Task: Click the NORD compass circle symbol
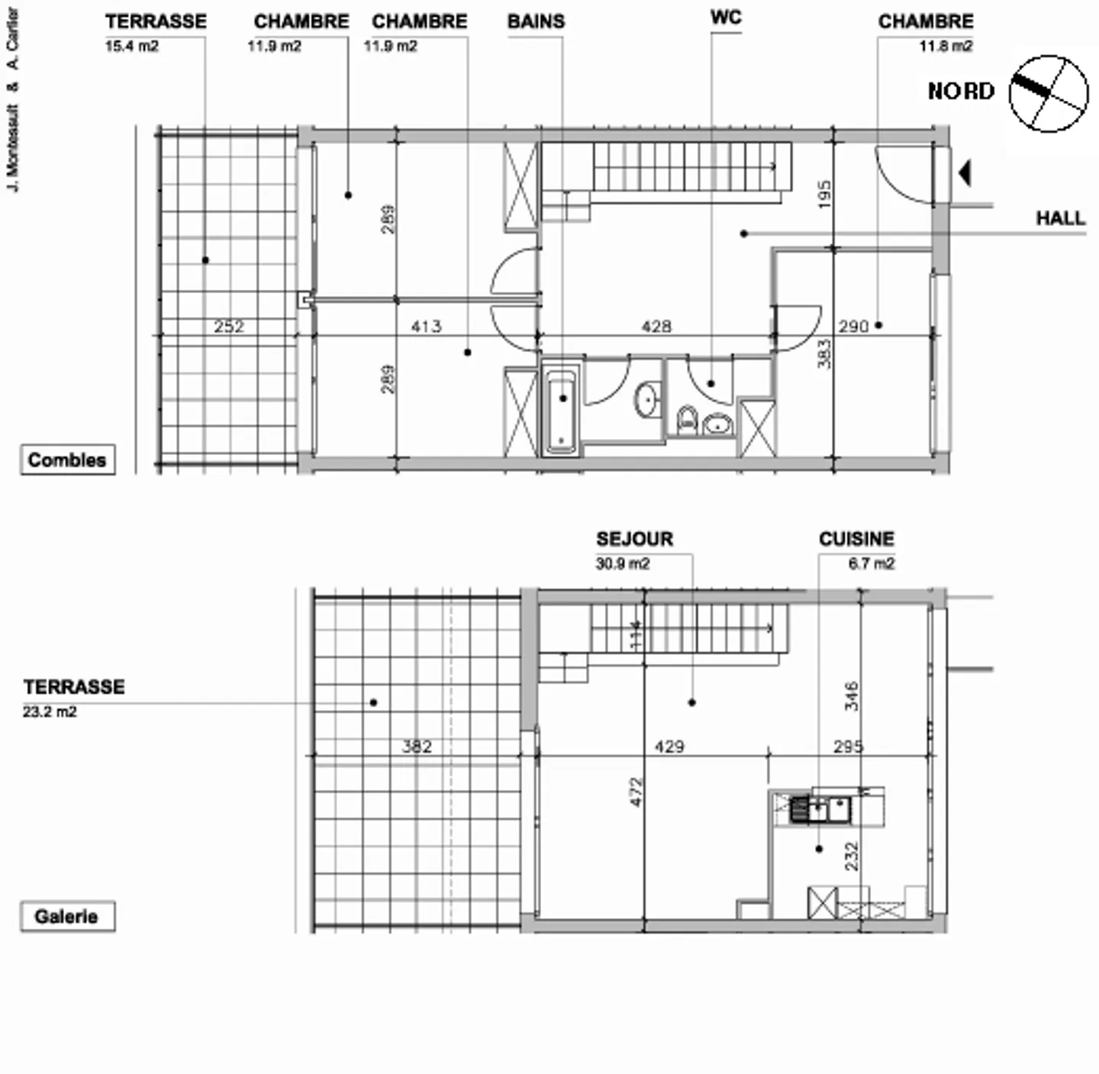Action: (x=1049, y=93)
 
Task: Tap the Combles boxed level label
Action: (x=67, y=460)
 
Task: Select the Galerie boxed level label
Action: (x=67, y=916)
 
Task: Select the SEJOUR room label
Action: (x=634, y=539)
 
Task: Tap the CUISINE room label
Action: (x=856, y=539)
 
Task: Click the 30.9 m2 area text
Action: (x=622, y=564)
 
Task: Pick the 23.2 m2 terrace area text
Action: (x=50, y=712)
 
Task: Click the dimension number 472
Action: (x=637, y=792)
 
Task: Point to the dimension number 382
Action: (x=417, y=746)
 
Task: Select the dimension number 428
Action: (x=656, y=327)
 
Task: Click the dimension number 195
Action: (x=823, y=195)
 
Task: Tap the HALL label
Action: (x=1060, y=218)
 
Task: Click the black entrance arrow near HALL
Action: (x=965, y=173)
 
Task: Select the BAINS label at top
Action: (x=536, y=21)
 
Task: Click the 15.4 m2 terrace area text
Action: (x=131, y=47)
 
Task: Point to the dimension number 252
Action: (x=228, y=327)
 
